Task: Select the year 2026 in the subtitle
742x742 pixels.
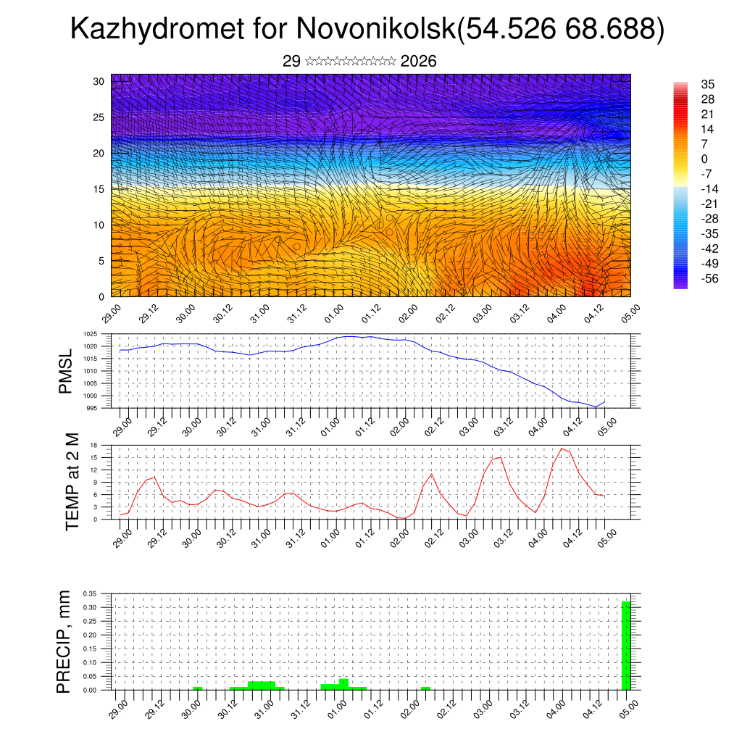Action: coord(418,62)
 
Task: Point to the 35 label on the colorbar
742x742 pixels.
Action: coord(708,85)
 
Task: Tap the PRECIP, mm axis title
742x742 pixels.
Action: coord(64,642)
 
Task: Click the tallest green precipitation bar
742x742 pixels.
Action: coord(626,645)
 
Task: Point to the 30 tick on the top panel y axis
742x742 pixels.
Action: coord(99,81)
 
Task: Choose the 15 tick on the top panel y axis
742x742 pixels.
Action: coord(99,189)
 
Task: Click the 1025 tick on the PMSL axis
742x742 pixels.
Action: coord(91,334)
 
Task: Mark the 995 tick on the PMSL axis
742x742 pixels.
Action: coord(93,408)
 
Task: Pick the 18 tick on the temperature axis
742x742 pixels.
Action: coord(94,445)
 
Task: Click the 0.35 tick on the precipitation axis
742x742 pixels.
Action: coord(90,593)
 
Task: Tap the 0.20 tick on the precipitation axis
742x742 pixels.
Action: coord(90,635)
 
